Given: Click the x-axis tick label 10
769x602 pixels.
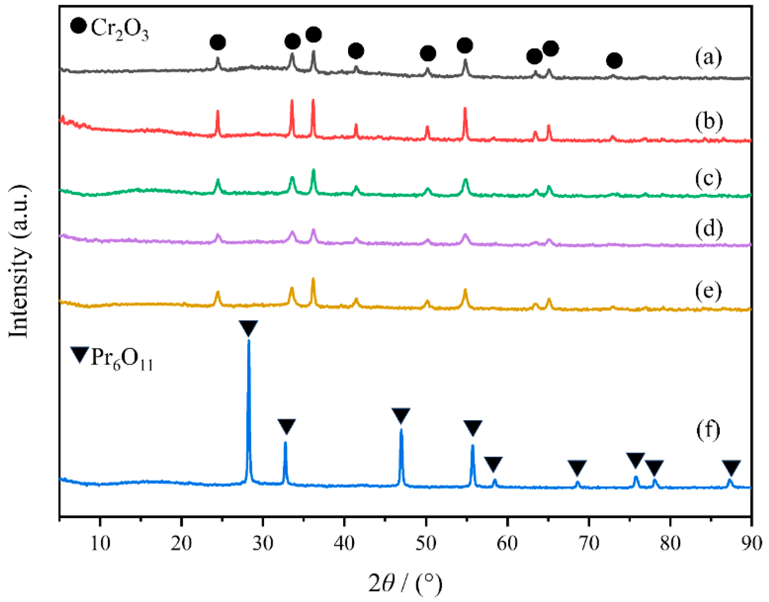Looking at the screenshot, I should [100, 543].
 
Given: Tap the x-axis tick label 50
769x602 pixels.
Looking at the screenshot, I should [426, 543].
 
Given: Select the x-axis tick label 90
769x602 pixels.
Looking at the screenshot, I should [751, 543].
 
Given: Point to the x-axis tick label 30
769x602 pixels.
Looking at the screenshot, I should [263, 543].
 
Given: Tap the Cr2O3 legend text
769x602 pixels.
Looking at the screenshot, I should [120, 29].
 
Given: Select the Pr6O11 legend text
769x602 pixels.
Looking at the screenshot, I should [122, 358].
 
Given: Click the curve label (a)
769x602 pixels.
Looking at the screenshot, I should [708, 57].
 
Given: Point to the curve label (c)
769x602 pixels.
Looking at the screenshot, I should [708, 178].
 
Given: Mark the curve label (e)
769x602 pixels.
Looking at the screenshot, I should [708, 290].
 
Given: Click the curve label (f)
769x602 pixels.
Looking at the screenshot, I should [709, 430].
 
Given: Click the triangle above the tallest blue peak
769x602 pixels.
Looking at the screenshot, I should [248, 328].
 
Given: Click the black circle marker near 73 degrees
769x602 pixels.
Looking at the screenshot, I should [614, 60].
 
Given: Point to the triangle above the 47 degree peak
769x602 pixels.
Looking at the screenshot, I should [401, 415].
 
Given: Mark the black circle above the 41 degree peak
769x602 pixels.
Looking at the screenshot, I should [356, 51].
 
